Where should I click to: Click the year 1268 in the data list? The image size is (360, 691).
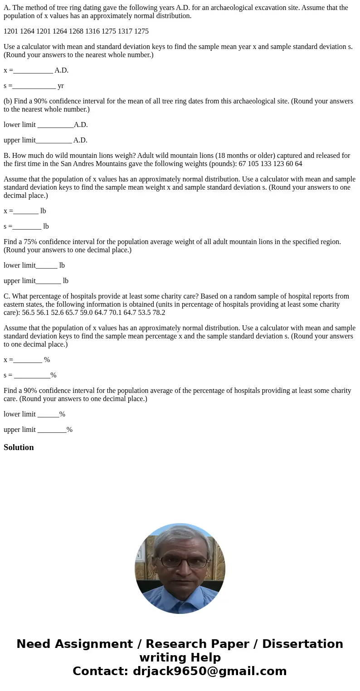pyautogui.click(x=77, y=31)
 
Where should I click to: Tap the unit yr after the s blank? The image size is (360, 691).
pyautogui.click(x=61, y=86)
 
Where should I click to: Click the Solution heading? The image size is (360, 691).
pyautogui.click(x=19, y=447)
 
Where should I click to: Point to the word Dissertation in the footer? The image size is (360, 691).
pyautogui.click(x=302, y=644)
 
